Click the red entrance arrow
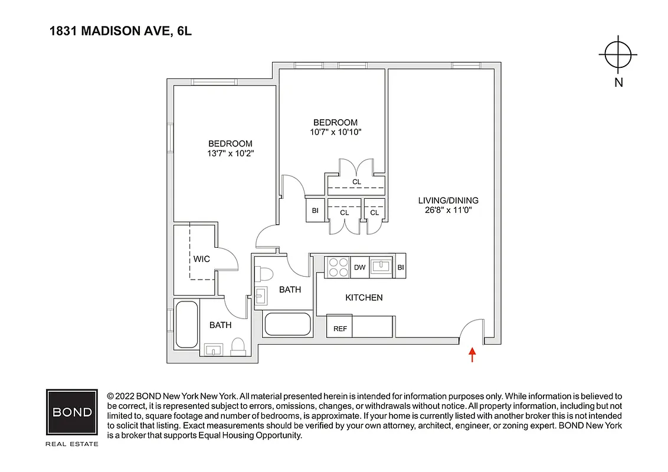472,355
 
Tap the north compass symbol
618,55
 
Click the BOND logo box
72,412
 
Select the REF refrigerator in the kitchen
340,329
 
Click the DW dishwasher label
359,267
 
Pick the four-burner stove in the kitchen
338,267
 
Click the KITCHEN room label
364,297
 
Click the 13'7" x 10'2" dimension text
230,153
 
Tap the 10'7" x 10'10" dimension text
335,132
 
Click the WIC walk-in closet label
201,259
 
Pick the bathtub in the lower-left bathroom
186,324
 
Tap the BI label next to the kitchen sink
401,267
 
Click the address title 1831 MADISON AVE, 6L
120,31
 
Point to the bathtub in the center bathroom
287,324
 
